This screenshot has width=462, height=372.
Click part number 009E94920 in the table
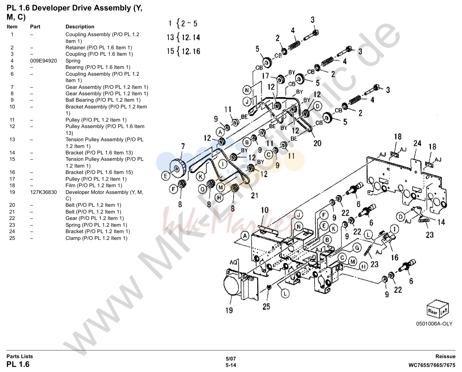44,61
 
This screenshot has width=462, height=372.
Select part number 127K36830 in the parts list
44,192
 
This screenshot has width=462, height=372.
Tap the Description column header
80,27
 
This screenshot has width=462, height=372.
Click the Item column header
12,27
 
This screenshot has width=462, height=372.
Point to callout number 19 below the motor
229,310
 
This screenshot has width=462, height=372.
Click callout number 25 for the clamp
266,306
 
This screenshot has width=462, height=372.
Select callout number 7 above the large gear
183,147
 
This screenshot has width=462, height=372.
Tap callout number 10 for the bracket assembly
265,210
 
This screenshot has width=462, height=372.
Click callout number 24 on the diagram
417,143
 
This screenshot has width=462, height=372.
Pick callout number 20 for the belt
317,143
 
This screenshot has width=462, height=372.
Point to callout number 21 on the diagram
254,195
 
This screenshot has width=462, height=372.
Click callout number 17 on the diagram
265,76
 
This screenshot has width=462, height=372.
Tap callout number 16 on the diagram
395,257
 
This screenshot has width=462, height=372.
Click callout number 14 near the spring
441,222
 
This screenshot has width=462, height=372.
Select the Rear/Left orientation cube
437,309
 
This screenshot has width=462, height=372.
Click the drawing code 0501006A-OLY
434,324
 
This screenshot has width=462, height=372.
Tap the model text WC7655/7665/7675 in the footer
432,365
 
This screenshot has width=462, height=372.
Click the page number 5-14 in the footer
231,365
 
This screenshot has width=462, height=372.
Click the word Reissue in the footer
445,356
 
